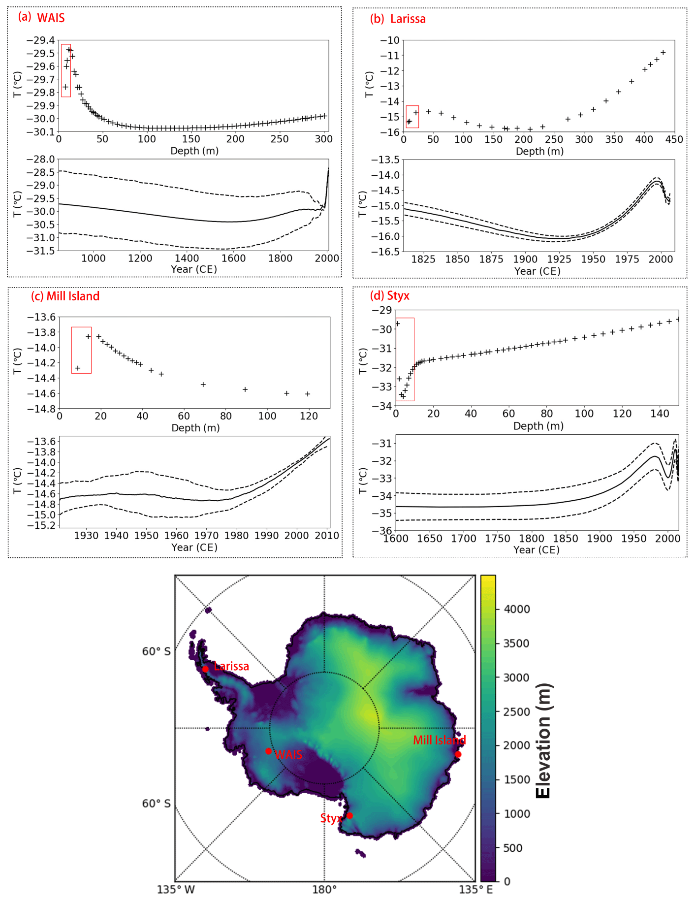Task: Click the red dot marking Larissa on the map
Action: pos(205,669)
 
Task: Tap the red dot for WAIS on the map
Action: pos(268,751)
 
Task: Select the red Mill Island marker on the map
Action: pos(458,754)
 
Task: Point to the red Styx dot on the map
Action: pos(349,815)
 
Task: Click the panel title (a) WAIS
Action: pos(41,18)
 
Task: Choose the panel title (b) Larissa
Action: pos(398,19)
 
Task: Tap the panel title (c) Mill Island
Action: pos(65,296)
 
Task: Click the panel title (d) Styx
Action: pos(390,295)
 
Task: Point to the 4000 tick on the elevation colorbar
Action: pos(516,609)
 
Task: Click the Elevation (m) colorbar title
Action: pos(543,741)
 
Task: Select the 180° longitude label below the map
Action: pos(324,889)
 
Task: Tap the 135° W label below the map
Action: pos(176,889)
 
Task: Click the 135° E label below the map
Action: pos(476,889)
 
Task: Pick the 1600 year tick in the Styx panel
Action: pos(396,539)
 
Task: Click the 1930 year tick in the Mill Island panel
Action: pos(86,536)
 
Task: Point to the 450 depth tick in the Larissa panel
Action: pos(674,139)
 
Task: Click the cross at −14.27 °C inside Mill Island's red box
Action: pos(77,368)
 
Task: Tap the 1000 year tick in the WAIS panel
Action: pos(94,258)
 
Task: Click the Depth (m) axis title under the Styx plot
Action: pos(538,426)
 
